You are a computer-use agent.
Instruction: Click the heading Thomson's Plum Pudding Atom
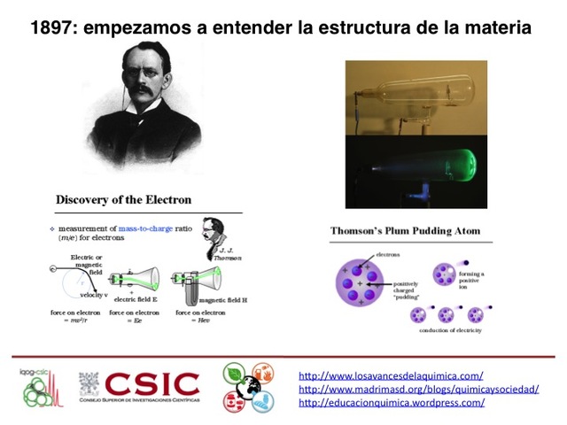pyautogui.click(x=405, y=231)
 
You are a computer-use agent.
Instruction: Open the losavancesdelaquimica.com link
pyautogui.click(x=391, y=375)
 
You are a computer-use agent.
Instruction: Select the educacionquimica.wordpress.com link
pyautogui.click(x=392, y=402)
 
